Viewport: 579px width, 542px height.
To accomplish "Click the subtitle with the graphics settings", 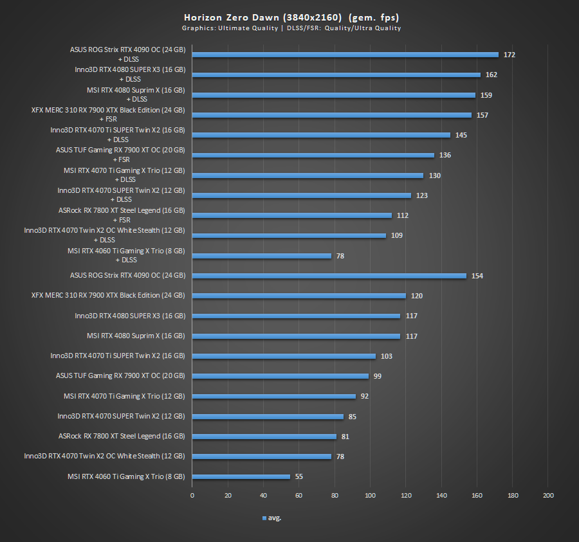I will (x=291, y=28).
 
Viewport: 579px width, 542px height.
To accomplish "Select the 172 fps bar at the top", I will (x=345, y=55).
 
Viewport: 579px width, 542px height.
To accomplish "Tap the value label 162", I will (x=491, y=75).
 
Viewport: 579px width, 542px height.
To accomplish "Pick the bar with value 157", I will (x=331, y=115).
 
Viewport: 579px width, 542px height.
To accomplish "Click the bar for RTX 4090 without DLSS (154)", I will (x=329, y=276).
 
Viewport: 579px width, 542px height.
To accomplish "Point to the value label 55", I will (x=299, y=477).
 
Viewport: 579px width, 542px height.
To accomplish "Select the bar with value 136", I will (x=313, y=155).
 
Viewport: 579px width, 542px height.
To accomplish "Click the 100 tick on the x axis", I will (x=370, y=496).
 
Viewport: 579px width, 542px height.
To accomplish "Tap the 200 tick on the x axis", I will (x=548, y=496).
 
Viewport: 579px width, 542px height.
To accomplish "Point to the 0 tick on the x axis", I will (x=192, y=496).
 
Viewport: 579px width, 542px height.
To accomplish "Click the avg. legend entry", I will (x=271, y=518).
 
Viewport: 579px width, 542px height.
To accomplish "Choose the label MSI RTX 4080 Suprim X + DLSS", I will (x=136, y=95).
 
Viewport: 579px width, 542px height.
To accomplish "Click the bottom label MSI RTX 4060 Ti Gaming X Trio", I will (x=126, y=476).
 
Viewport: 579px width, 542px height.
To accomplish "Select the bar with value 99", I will (x=280, y=376).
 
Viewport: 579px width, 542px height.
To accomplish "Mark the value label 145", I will (x=461, y=135).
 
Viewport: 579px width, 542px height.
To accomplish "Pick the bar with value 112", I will (x=291, y=215).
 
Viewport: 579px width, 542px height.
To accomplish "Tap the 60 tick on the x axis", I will (x=299, y=496).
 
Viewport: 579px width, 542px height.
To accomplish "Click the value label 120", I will (x=416, y=296).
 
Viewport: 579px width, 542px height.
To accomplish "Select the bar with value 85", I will (x=268, y=417).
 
